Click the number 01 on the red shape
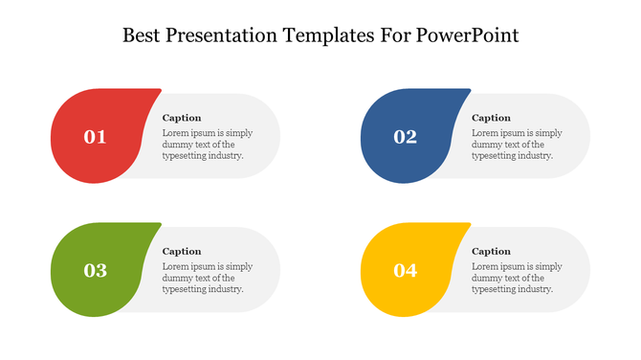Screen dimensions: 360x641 (95, 137)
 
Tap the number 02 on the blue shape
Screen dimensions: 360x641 (405, 137)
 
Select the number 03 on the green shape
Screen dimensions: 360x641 (95, 271)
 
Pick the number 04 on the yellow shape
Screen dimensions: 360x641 (405, 271)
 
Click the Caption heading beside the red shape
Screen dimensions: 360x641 (182, 118)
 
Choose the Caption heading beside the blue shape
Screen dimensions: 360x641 (492, 118)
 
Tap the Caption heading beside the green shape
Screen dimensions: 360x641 (182, 252)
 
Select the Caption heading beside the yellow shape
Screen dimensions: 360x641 (492, 252)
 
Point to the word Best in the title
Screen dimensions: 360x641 (144, 36)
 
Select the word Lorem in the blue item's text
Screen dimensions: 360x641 (486, 133)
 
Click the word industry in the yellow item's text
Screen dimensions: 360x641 (534, 289)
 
